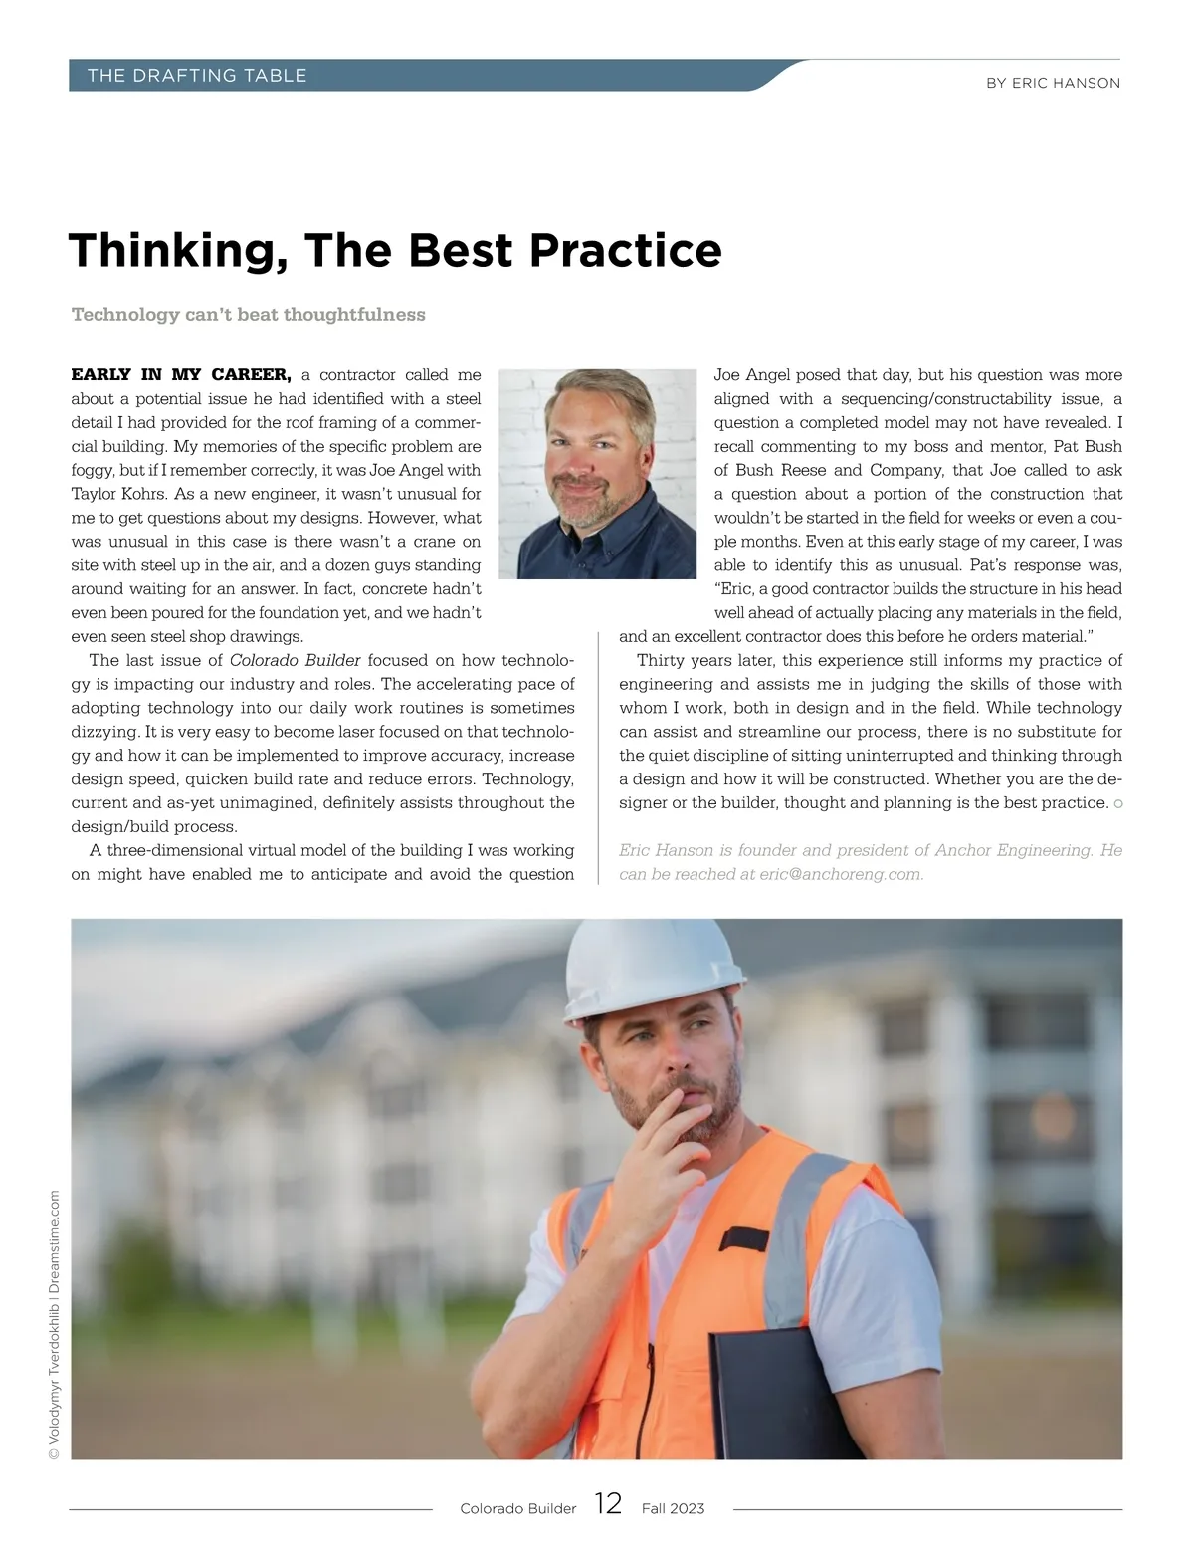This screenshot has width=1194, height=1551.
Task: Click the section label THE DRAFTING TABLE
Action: click(197, 76)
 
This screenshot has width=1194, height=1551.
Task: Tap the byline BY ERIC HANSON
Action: click(1053, 84)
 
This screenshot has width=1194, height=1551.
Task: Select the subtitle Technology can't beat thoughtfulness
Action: click(248, 315)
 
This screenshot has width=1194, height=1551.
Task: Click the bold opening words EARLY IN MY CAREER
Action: click(180, 375)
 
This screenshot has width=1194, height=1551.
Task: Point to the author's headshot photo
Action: click(597, 474)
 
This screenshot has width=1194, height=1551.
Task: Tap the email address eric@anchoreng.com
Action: click(841, 875)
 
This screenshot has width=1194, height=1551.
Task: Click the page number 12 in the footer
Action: click(608, 1503)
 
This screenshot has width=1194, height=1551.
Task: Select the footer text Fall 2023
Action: click(673, 1509)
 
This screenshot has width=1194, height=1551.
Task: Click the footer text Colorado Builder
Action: click(517, 1509)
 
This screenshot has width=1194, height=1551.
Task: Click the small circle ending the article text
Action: click(1118, 804)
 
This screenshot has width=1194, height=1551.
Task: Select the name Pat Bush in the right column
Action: click(1087, 447)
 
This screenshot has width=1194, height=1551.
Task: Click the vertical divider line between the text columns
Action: click(597, 757)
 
